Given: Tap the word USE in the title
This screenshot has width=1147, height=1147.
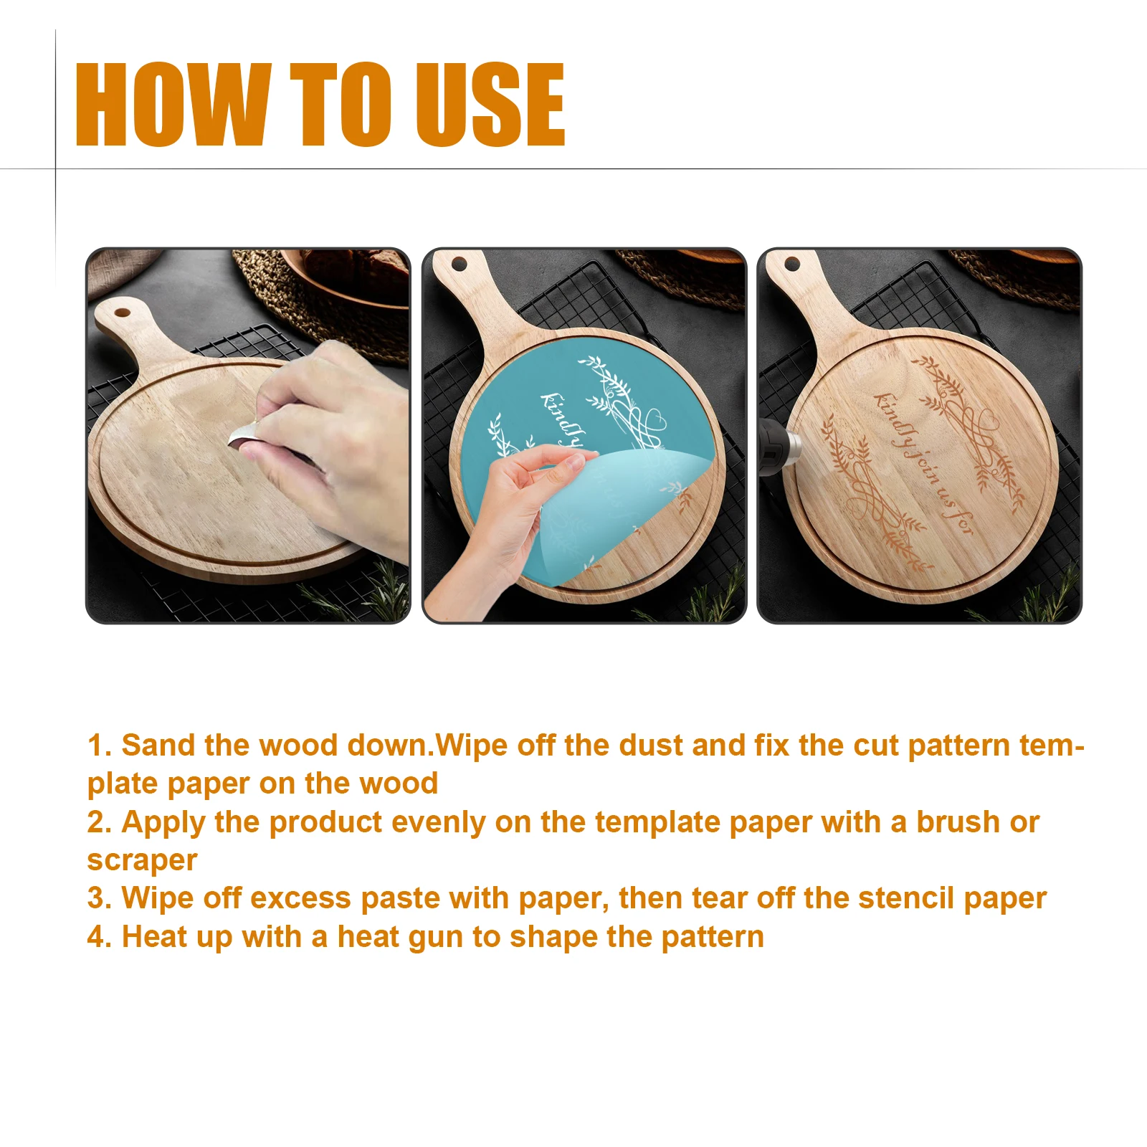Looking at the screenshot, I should [490, 105].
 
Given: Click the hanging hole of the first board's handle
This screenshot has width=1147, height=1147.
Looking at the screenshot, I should [123, 313].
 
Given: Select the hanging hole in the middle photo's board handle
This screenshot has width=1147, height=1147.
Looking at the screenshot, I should [459, 265].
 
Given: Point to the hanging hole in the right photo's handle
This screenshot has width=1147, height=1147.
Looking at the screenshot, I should [792, 264].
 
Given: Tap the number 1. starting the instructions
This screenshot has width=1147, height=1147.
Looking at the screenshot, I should [99, 746].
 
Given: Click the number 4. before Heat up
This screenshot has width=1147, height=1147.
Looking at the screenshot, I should [99, 937].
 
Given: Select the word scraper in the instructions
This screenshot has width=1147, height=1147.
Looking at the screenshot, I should [142, 860].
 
